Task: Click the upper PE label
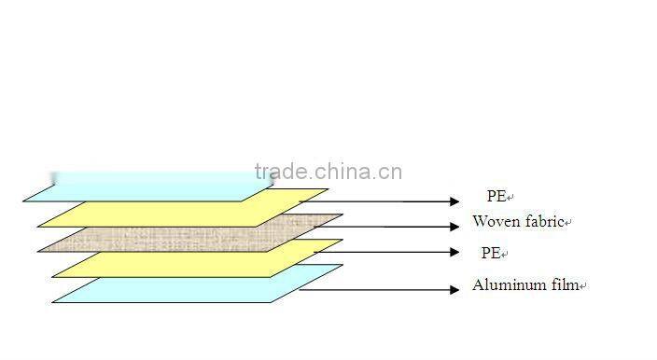point(496,196)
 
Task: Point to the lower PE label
point(490,253)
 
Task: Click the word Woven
point(493,222)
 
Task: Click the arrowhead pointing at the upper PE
point(455,201)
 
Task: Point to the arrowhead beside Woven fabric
point(455,226)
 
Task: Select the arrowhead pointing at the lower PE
point(455,253)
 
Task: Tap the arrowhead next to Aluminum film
point(455,290)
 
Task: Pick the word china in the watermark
point(344,172)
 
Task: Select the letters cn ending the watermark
point(392,172)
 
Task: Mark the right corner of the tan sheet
point(342,215)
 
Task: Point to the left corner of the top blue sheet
point(24,201)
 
